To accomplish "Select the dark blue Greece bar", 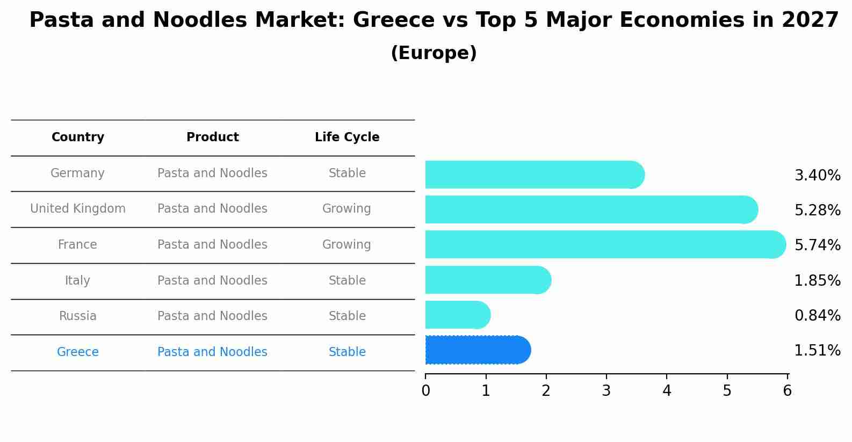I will pyautogui.click(x=477, y=350).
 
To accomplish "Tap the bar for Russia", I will pyautogui.click(x=457, y=315).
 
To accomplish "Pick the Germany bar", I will pyautogui.click(x=534, y=175).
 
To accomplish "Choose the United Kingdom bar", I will pyautogui.click(x=591, y=209).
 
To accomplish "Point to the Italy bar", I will pyautogui.click(x=487, y=280).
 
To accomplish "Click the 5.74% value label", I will pyautogui.click(x=817, y=245).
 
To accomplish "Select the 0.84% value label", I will pyautogui.click(x=817, y=316).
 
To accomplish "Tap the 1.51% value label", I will pyautogui.click(x=817, y=351).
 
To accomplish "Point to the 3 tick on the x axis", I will pyautogui.click(x=606, y=390).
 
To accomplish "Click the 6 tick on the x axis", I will pyautogui.click(x=787, y=390).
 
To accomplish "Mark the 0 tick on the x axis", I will pyautogui.click(x=425, y=390).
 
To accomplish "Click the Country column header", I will pyautogui.click(x=78, y=137).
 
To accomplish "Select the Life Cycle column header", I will pyautogui.click(x=347, y=137).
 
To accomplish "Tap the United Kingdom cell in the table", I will pyautogui.click(x=78, y=209).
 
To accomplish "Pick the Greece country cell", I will pyautogui.click(x=78, y=352).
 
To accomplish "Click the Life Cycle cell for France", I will pyautogui.click(x=346, y=245).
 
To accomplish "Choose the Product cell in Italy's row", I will pyautogui.click(x=212, y=281).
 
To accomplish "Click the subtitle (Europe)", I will pyautogui.click(x=434, y=53).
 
